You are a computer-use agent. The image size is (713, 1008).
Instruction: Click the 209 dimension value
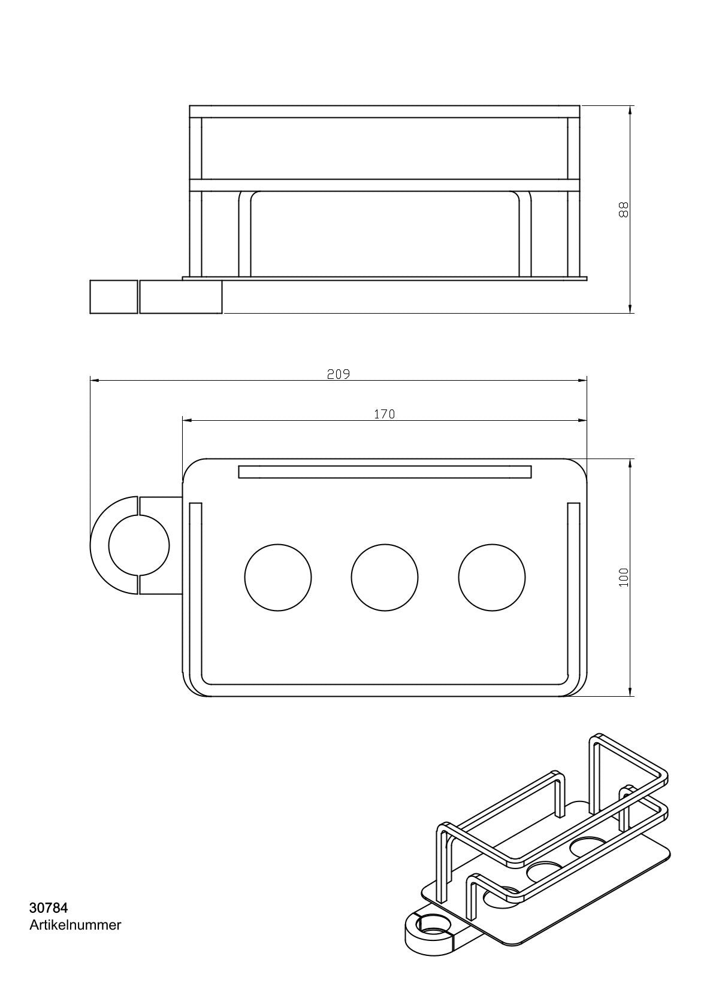point(339,374)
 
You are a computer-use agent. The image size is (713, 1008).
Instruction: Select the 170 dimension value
point(385,414)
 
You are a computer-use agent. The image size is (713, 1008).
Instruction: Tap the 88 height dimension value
point(623,210)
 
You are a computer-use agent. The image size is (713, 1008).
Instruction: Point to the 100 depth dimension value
point(624,578)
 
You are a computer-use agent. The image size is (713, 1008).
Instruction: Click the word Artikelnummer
point(75,925)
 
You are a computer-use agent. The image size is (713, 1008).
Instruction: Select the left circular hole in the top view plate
point(278,578)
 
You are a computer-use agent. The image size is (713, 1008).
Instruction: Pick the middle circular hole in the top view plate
point(385,578)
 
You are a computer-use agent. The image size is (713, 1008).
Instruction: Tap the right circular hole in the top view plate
point(492,578)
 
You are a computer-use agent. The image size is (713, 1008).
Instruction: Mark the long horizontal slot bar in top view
point(385,472)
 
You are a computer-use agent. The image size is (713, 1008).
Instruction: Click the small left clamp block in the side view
point(114,296)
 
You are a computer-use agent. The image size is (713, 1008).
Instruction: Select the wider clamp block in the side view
point(181,296)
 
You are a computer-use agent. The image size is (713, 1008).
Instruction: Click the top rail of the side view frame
point(385,111)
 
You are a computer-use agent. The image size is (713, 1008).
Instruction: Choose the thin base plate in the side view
point(385,278)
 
